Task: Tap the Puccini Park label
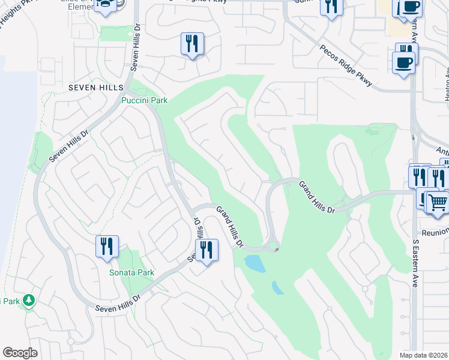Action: click(x=145, y=100)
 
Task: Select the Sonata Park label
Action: click(x=131, y=272)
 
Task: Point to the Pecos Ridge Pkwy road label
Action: click(x=346, y=66)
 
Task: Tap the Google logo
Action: click(x=20, y=353)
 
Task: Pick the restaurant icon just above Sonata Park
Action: click(x=107, y=247)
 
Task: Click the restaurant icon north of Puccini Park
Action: click(x=192, y=44)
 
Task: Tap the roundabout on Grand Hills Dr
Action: click(x=273, y=245)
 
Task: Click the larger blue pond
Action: click(x=255, y=263)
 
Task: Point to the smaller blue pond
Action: click(x=278, y=288)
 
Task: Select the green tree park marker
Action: click(x=29, y=301)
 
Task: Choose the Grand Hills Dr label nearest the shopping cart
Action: click(x=317, y=197)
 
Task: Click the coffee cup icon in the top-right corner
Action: click(x=410, y=8)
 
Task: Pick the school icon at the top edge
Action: click(x=106, y=5)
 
